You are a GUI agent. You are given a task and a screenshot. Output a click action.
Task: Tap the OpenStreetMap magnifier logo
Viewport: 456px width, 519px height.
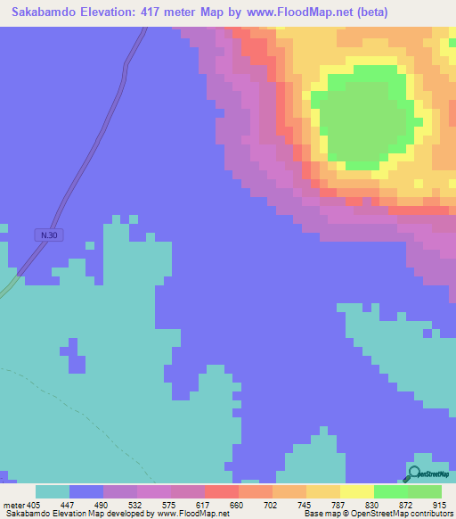[x=414, y=474]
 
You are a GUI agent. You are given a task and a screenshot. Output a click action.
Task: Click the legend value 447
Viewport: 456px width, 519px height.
[x=69, y=504]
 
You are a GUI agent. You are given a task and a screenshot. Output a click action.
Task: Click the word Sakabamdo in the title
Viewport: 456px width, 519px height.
[x=46, y=12]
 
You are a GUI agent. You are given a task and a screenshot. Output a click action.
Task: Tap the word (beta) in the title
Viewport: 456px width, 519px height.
[x=369, y=12]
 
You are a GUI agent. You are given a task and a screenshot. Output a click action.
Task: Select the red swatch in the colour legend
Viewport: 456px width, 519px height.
[x=222, y=491]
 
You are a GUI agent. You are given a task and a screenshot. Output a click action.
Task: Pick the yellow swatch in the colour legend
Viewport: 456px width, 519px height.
[x=357, y=491]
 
